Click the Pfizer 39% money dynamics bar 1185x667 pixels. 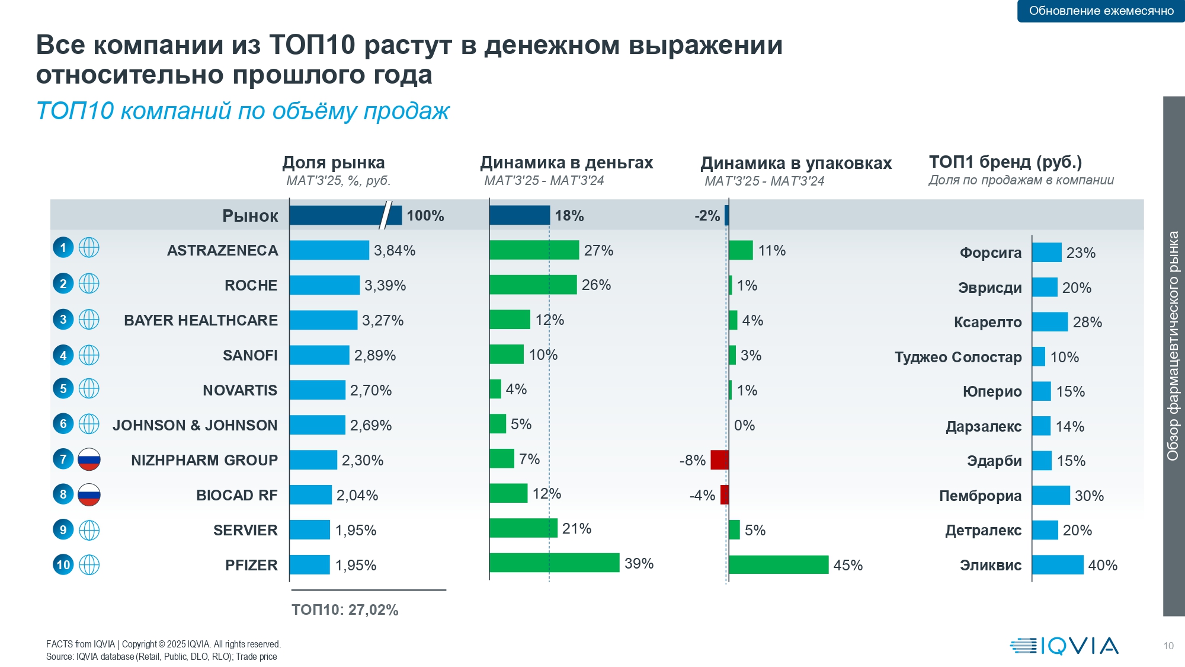click(x=554, y=563)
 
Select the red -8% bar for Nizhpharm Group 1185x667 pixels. click(x=719, y=459)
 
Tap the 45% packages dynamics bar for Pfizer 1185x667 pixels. click(x=778, y=564)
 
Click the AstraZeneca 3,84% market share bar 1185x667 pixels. click(x=329, y=250)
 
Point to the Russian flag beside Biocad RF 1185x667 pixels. click(x=89, y=494)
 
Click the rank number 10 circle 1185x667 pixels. click(x=63, y=564)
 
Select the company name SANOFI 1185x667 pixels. click(x=250, y=355)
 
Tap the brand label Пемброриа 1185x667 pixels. click(x=980, y=496)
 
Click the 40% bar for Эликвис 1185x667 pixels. click(x=1057, y=564)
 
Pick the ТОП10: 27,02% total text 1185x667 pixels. click(x=345, y=609)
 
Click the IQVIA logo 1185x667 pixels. click(x=1064, y=645)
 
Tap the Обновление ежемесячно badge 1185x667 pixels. click(x=1101, y=11)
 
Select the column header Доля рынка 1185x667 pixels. click(x=334, y=162)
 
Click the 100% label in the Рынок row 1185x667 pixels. click(x=425, y=216)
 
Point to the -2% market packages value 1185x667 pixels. click(x=707, y=216)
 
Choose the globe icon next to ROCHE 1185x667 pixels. click(x=89, y=283)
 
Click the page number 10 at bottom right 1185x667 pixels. click(x=1168, y=646)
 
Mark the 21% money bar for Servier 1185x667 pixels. click(x=523, y=528)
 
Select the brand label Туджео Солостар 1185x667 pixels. click(x=958, y=357)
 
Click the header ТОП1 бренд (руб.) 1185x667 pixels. click(x=1005, y=162)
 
